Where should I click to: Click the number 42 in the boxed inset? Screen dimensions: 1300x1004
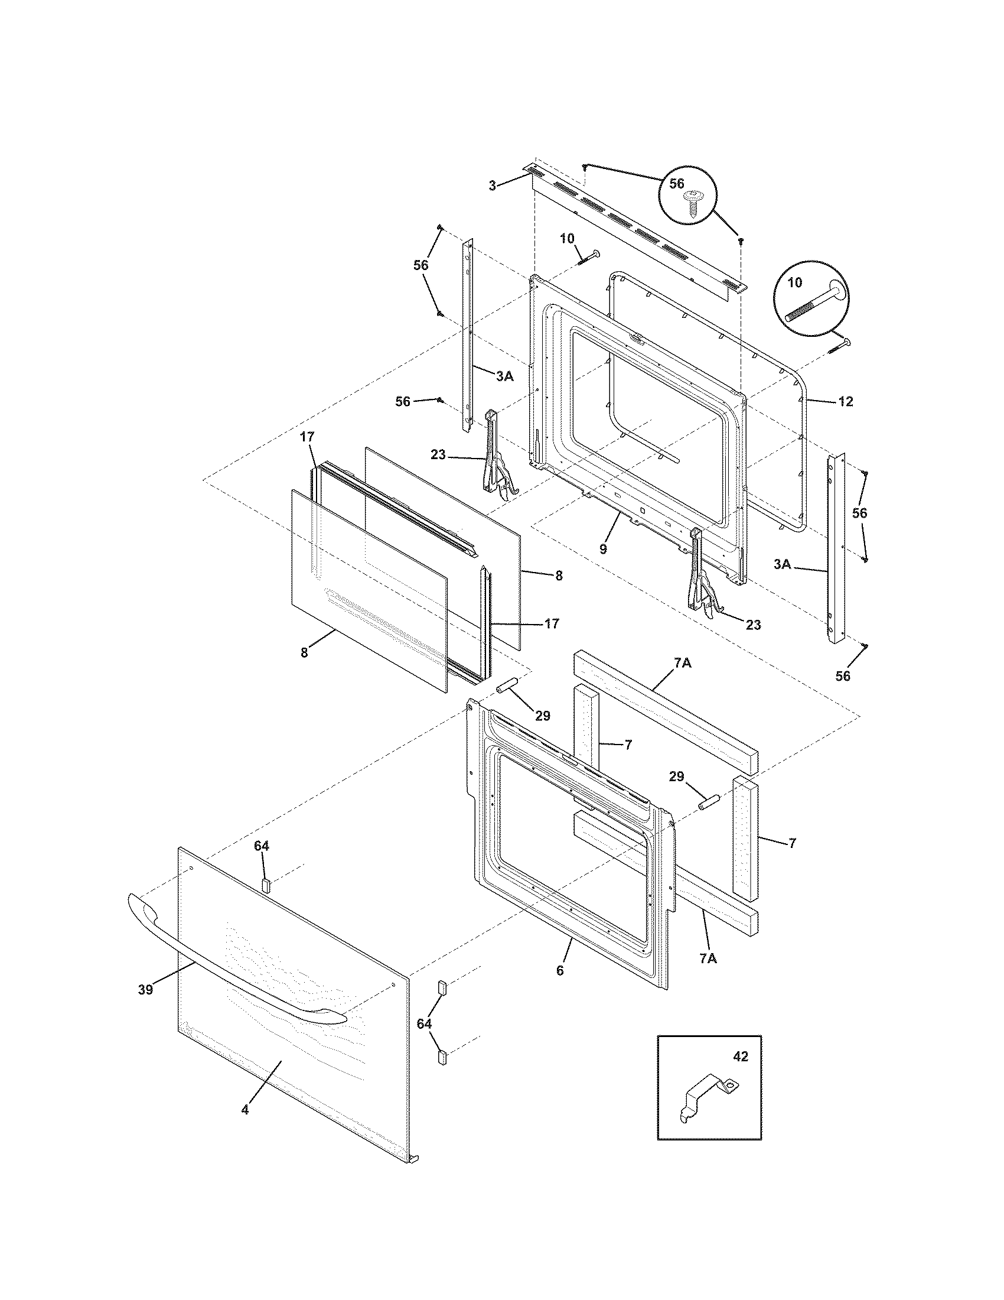click(741, 1057)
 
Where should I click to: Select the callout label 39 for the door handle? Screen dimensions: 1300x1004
click(145, 989)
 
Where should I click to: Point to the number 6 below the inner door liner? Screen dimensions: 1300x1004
click(560, 970)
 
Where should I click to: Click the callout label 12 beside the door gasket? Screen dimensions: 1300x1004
click(845, 402)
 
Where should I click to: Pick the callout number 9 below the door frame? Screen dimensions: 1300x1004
click(603, 549)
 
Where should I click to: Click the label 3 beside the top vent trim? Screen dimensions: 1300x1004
click(492, 186)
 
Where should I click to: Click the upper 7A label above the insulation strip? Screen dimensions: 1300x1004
click(682, 663)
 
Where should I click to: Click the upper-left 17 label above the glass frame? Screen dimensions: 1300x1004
click(307, 437)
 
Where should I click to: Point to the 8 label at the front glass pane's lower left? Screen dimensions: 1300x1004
click(304, 652)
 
